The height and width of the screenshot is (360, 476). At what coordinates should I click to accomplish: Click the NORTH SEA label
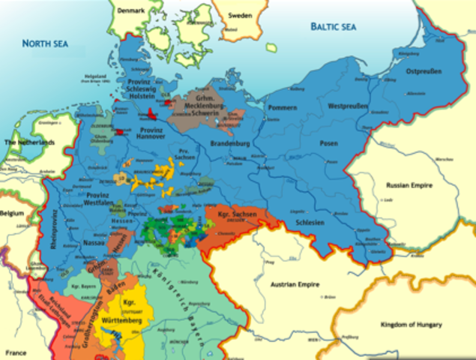[x=44, y=44]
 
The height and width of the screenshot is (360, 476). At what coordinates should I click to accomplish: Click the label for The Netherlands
[x=30, y=142]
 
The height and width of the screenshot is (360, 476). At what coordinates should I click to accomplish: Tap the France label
[x=15, y=352]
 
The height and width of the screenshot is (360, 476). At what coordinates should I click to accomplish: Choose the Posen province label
[x=328, y=142]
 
